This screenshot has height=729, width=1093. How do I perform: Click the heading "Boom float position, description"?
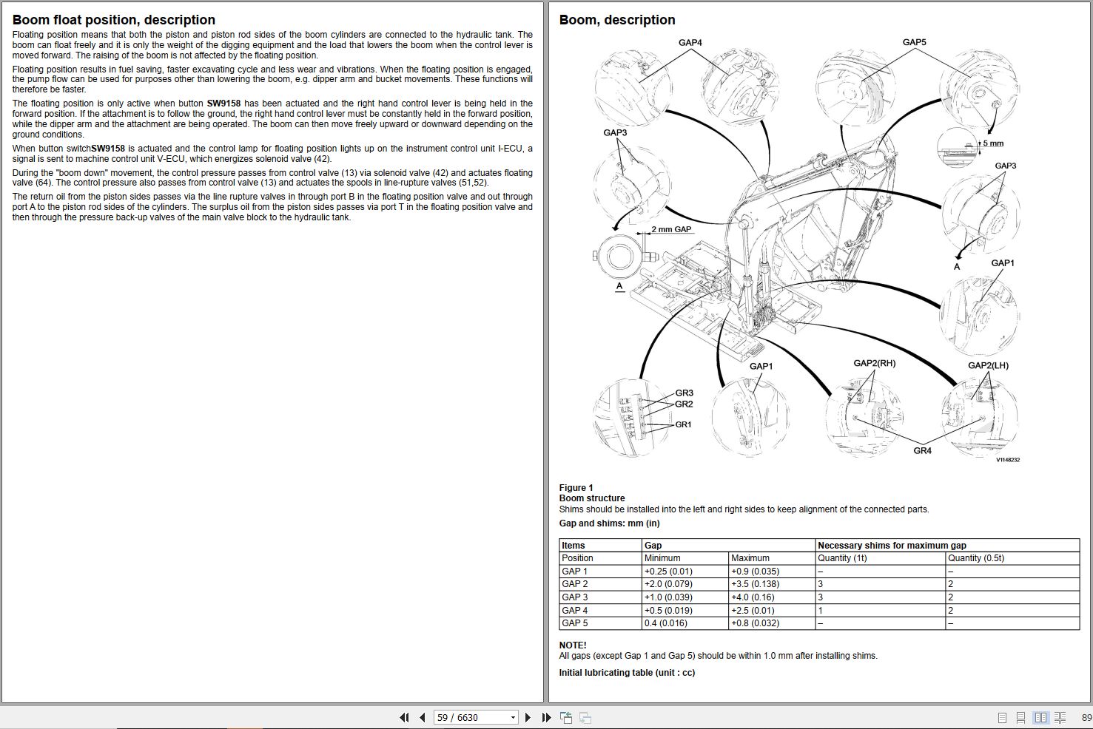tap(114, 20)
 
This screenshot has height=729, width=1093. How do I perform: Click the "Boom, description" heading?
tap(617, 20)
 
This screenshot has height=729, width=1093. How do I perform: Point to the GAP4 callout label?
tap(690, 43)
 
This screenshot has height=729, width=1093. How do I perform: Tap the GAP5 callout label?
tap(914, 42)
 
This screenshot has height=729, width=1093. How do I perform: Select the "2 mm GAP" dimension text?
tap(671, 229)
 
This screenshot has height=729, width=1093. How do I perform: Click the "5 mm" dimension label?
tap(994, 143)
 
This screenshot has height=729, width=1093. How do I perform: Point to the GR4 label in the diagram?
tap(922, 451)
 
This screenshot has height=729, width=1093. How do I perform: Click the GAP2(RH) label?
tap(874, 363)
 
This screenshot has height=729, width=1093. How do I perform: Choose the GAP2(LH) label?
tap(988, 365)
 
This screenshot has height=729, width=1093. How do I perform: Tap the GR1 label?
tap(683, 424)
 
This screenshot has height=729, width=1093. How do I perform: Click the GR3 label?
tap(684, 393)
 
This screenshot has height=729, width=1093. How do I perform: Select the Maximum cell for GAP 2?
tap(755, 584)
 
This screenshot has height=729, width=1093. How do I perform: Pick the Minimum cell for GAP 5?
tap(665, 623)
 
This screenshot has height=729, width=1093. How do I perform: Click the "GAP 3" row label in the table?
tap(575, 597)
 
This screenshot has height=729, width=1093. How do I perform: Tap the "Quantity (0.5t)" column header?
tap(976, 558)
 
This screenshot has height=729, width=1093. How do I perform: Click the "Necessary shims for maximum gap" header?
tap(892, 546)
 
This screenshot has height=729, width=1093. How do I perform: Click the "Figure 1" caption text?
tap(576, 488)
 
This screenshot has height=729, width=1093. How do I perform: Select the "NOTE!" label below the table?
tap(573, 645)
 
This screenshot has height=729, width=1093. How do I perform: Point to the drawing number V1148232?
tap(1007, 460)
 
